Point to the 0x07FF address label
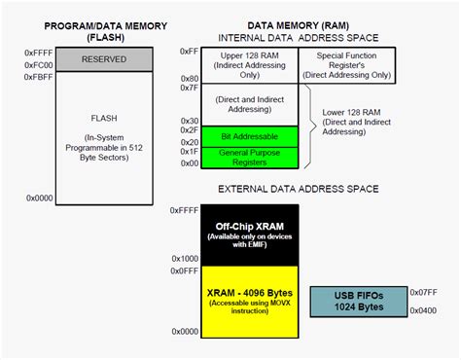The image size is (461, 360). click(x=423, y=291)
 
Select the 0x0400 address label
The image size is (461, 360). click(x=423, y=311)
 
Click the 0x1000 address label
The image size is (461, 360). click(x=184, y=258)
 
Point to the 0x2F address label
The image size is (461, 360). click(x=189, y=128)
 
